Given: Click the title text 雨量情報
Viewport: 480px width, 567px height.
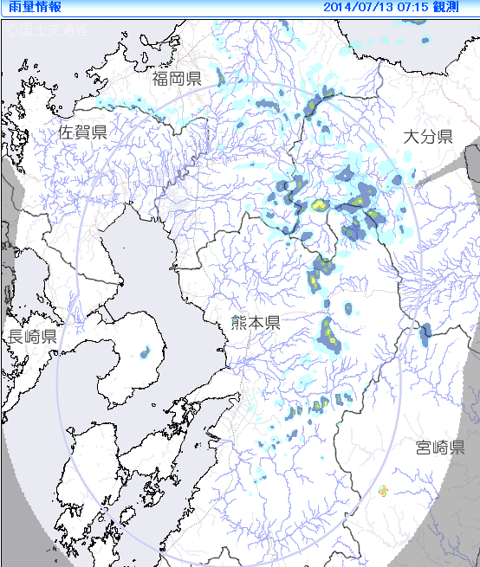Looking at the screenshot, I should tap(31, 7).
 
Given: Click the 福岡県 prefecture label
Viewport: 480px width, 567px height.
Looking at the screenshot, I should tap(177, 80).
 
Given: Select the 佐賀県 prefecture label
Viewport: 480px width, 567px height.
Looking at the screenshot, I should tap(82, 132).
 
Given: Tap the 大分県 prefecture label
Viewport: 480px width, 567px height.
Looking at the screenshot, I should tap(428, 136).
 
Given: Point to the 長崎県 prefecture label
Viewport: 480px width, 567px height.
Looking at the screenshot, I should tap(33, 336).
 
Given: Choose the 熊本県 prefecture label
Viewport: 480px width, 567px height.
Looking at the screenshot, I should tap(256, 322).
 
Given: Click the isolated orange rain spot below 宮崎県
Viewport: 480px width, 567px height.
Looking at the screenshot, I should tap(382, 491).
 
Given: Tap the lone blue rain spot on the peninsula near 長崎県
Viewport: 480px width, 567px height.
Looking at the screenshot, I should tap(145, 351).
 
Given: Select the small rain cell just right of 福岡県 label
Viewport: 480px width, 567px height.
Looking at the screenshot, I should tap(221, 80).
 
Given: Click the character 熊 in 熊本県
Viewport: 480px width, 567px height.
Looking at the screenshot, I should tap(239, 322).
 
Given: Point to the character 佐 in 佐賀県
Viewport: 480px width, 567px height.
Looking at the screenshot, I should tap(67, 132).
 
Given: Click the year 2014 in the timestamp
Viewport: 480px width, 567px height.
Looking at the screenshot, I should tap(336, 7).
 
